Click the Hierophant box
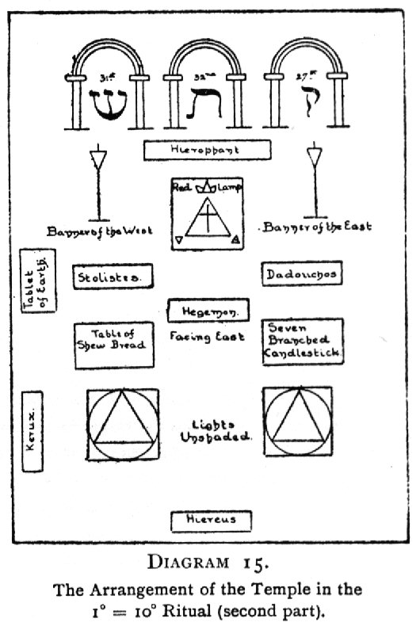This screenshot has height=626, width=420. (x=208, y=149)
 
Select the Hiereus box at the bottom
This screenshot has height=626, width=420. (x=211, y=521)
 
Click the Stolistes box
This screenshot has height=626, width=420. (x=113, y=277)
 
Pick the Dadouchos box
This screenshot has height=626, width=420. (x=302, y=274)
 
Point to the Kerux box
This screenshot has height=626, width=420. (x=33, y=430)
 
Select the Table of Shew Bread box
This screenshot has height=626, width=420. (x=114, y=345)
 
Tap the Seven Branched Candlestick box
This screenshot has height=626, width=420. (x=302, y=342)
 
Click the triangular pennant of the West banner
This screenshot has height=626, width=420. (x=97, y=160)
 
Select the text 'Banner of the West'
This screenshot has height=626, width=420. (x=100, y=232)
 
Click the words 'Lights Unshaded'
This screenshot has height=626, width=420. (x=209, y=429)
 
